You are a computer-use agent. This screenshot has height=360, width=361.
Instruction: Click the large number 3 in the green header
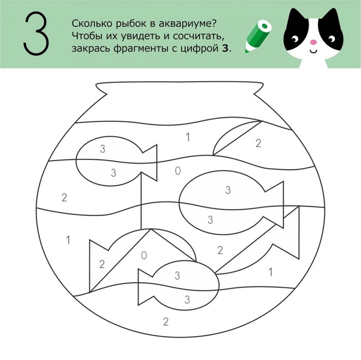point(36,33)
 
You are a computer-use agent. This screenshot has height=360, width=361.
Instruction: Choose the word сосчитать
point(198,36)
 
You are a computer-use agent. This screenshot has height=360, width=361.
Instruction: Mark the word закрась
point(91,49)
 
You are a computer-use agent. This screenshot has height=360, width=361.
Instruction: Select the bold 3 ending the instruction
point(225,48)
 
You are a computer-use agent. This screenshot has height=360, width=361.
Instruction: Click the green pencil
point(258,36)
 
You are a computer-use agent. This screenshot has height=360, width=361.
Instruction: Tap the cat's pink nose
point(313,42)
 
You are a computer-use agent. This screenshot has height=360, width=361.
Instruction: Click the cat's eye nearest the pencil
point(294,40)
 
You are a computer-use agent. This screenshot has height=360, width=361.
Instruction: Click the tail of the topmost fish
point(150,162)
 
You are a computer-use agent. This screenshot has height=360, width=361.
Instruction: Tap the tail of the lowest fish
point(145,287)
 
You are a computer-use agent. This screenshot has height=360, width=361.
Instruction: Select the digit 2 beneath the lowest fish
point(166,322)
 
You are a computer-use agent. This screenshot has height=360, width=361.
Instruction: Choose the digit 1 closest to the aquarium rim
point(188,137)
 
